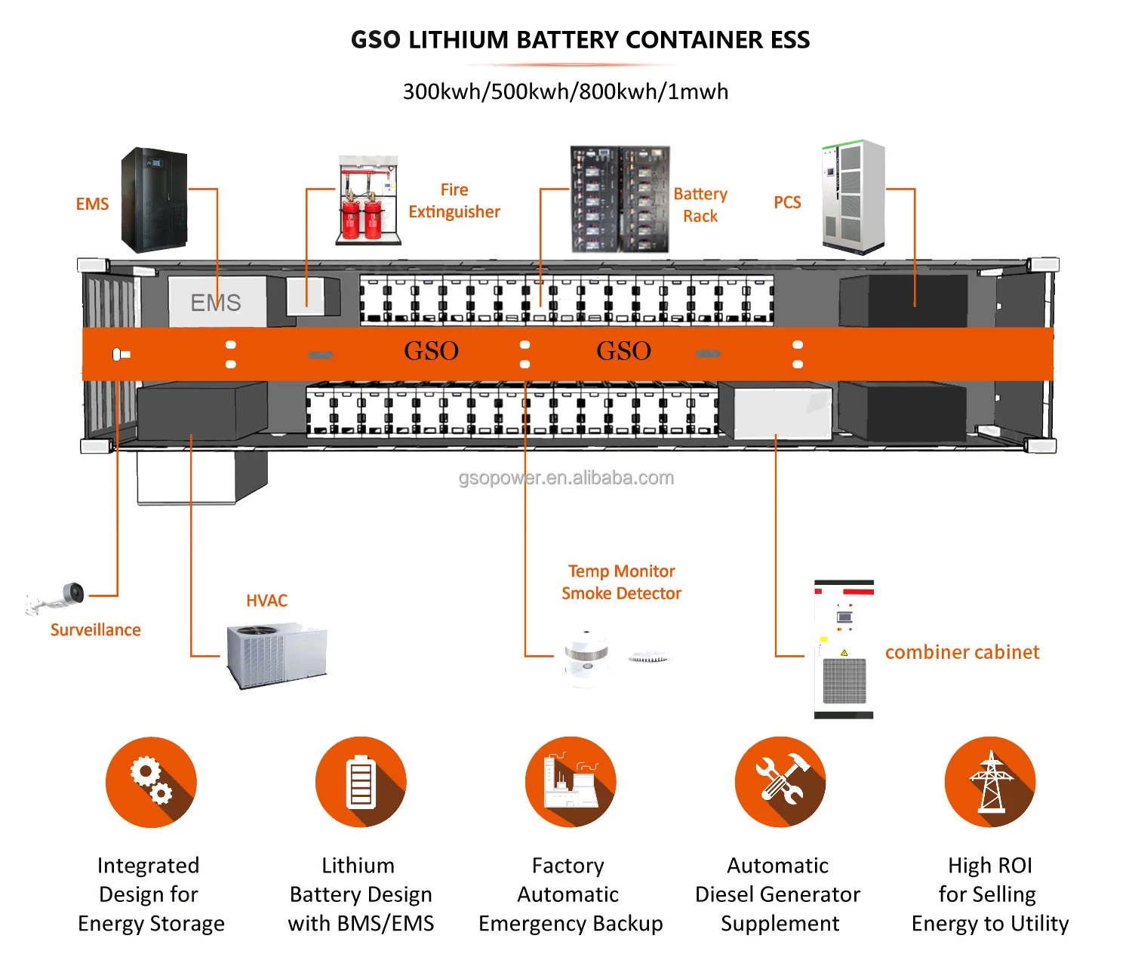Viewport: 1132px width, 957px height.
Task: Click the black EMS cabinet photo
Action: point(154,200)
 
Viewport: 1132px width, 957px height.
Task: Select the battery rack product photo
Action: point(620,199)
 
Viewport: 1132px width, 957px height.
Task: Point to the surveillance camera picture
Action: point(57,600)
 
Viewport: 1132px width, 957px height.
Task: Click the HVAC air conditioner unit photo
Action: point(277,655)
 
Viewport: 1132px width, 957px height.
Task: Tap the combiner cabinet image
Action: point(844,649)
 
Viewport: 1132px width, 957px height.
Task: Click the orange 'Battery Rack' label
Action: point(700,205)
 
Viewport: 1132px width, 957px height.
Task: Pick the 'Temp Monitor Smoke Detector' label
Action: point(621,582)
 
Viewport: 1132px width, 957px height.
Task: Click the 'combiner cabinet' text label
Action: point(961,652)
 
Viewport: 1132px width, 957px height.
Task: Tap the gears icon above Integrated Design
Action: point(151,782)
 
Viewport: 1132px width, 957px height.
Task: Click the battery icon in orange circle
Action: point(361,782)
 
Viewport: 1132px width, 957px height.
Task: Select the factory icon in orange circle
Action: point(571,782)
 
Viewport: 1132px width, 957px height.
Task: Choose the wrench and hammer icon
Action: point(780,782)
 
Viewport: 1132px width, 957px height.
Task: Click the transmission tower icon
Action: point(990,782)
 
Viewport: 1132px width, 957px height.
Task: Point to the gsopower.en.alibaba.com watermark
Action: point(566,478)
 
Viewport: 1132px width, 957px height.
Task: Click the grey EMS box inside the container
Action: point(217,302)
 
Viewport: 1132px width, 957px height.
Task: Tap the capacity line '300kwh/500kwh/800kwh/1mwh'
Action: point(566,91)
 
